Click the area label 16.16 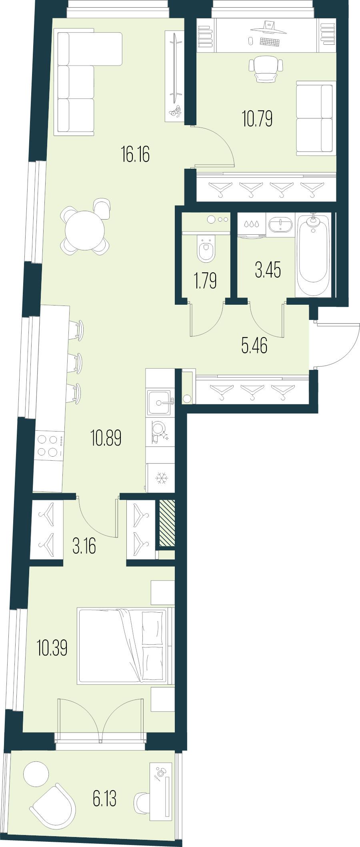coord(135,155)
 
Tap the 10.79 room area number coord(257,119)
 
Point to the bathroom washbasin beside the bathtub coord(280,224)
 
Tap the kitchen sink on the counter coord(159,402)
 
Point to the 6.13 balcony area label coord(104,799)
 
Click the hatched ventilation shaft coord(167,523)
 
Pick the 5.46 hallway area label coord(254,346)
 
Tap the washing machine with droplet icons coord(252,225)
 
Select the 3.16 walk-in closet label coord(84,546)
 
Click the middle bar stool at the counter coord(79,363)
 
